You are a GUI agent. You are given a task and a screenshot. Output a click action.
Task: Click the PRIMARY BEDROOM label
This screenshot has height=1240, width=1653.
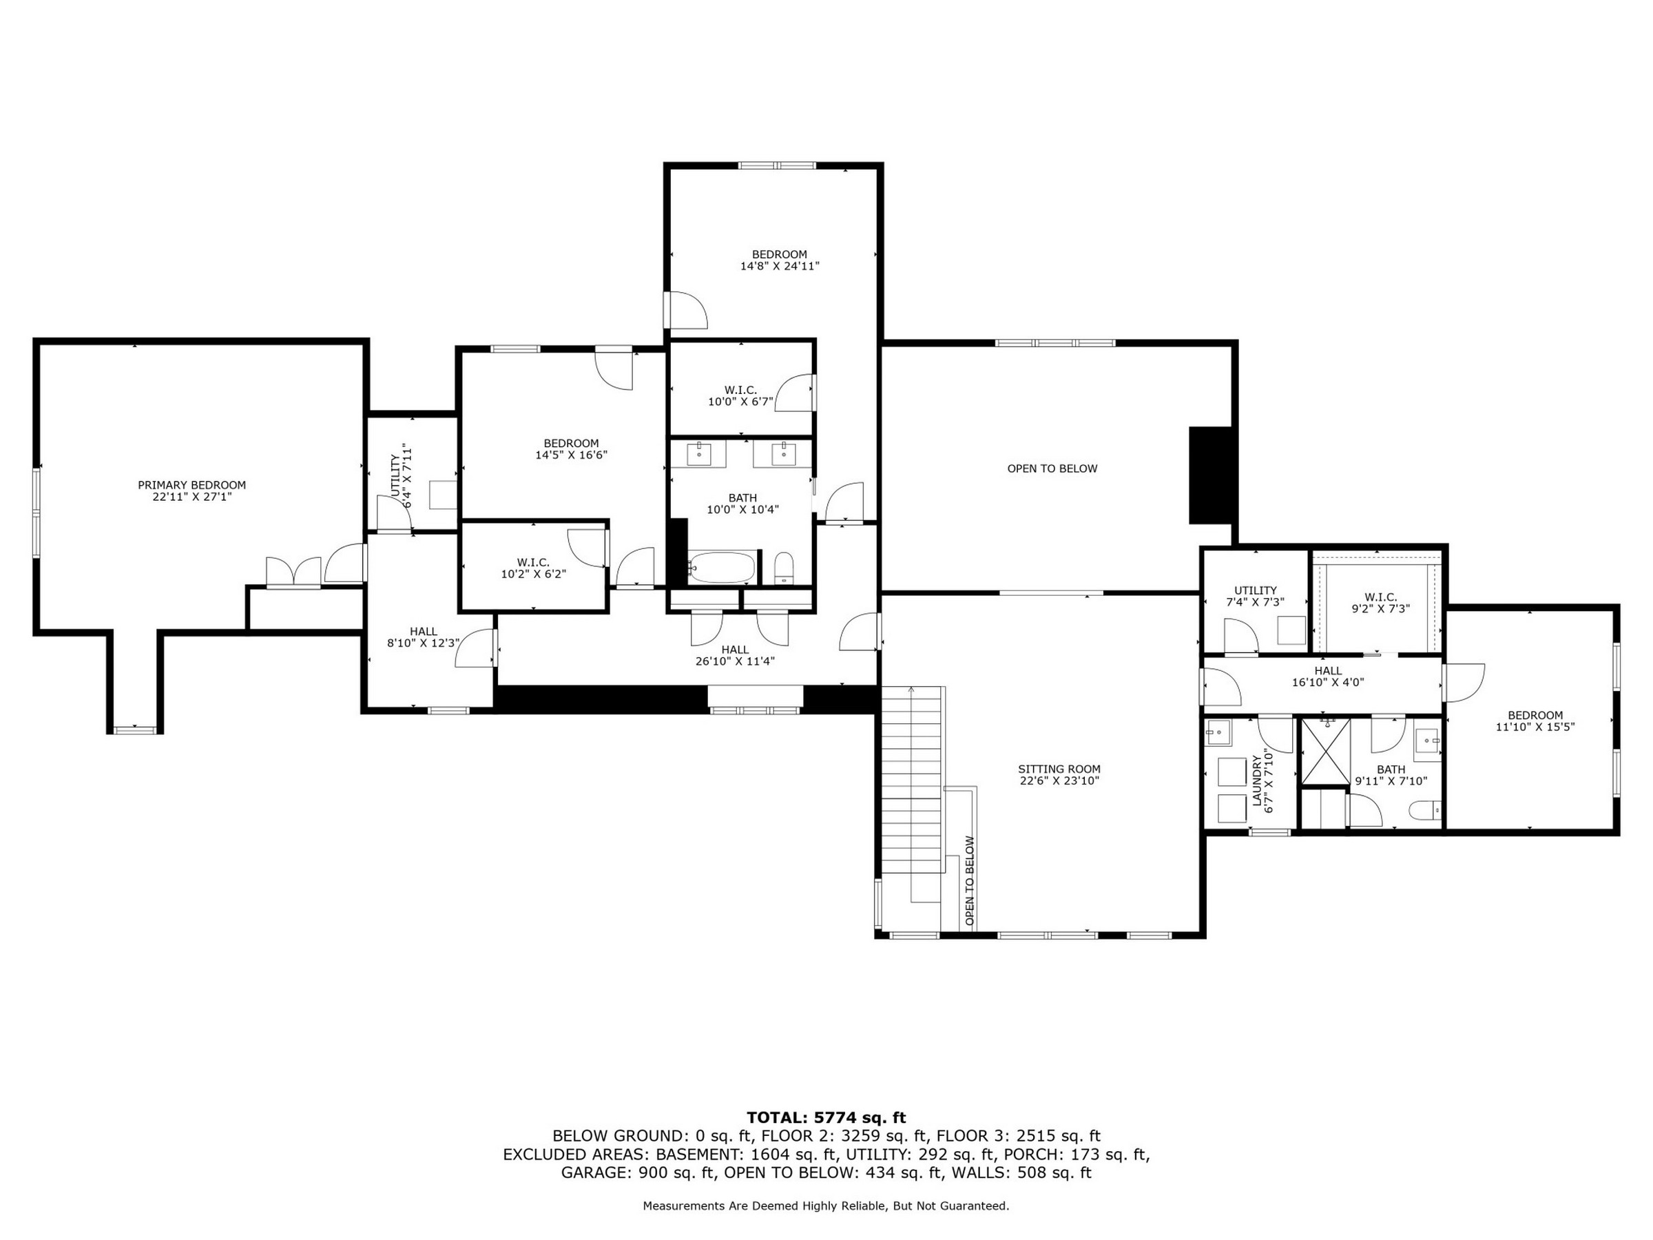(191, 485)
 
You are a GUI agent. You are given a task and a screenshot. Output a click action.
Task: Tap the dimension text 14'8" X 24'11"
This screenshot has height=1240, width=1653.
(780, 266)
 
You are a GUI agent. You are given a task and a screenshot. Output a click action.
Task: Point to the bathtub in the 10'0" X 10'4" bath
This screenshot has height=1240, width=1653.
(722, 568)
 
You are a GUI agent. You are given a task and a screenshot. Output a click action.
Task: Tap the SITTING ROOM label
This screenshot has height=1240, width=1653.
(1059, 769)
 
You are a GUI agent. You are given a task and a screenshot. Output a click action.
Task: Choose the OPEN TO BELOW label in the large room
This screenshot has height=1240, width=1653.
(1052, 468)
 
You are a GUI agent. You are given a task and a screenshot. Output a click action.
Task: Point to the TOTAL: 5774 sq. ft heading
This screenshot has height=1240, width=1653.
(826, 1117)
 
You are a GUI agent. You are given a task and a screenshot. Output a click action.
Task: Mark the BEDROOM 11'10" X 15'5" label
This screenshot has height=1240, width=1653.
(1535, 721)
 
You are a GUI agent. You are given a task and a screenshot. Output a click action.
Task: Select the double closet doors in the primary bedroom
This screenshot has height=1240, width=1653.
(293, 572)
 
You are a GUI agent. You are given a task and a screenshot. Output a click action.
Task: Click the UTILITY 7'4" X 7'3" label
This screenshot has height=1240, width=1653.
(1256, 596)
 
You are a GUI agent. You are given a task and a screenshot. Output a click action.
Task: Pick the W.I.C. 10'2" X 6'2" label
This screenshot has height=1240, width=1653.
(534, 568)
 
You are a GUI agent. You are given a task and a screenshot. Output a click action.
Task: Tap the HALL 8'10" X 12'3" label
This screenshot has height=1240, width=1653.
(423, 637)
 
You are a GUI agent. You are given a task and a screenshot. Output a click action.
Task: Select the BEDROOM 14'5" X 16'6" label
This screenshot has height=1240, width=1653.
(571, 448)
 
